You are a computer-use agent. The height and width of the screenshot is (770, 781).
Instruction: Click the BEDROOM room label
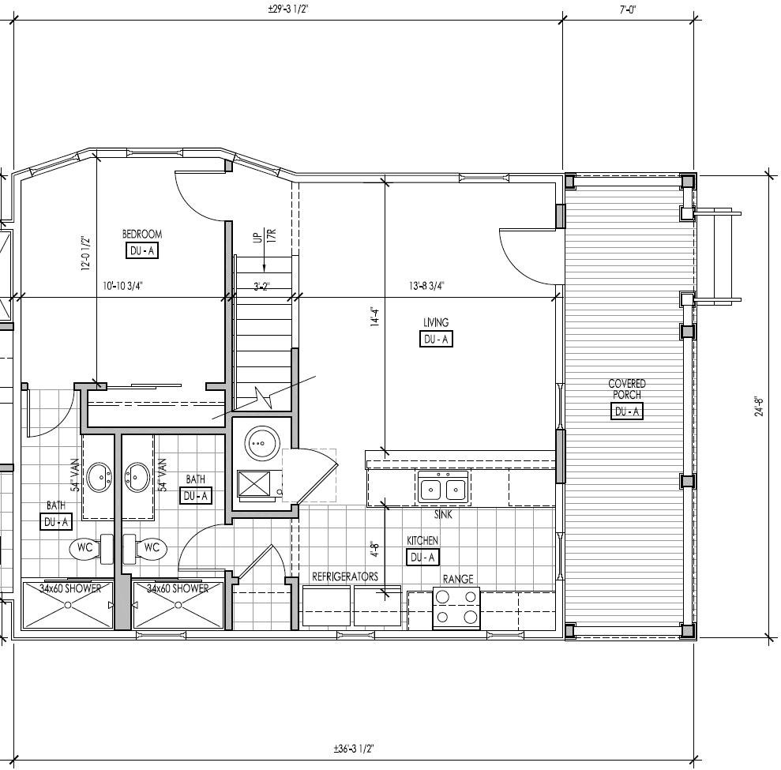coord(142,234)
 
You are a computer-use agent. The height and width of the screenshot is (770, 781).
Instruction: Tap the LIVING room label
coord(436,322)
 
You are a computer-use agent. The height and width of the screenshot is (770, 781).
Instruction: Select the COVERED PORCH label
coord(626,389)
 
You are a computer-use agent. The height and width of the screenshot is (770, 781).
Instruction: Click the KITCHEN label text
coord(422,540)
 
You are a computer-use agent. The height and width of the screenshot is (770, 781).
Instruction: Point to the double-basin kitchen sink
coord(442,490)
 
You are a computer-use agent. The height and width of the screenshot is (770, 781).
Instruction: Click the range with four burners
coord(457,608)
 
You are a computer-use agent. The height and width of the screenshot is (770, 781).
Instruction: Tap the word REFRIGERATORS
coord(345,577)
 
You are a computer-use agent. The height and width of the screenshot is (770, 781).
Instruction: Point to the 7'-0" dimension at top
coord(628,9)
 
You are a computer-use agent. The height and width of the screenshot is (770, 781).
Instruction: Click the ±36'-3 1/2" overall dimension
coord(353,748)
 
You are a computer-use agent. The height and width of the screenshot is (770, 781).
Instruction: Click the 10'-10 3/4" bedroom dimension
coord(122,287)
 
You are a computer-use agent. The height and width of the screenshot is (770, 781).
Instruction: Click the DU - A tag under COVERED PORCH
coord(626,411)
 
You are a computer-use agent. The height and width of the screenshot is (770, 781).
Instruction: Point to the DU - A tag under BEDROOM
coord(142,251)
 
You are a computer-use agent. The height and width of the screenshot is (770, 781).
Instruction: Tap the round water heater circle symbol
coord(258,444)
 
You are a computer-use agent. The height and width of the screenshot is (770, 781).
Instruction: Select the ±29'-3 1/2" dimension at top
coord(287,9)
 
